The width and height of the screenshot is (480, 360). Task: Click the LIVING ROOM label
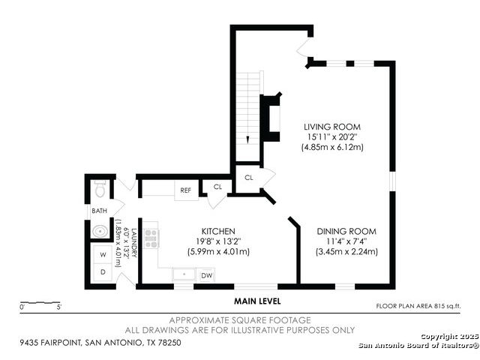(x=332, y=127)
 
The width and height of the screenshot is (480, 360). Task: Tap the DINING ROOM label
(x=346, y=232)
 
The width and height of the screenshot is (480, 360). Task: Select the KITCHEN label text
(x=218, y=232)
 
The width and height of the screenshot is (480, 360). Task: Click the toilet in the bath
(x=100, y=188)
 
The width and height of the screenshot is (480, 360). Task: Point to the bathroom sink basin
(x=100, y=231)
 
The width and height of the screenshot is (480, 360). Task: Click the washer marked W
(x=103, y=254)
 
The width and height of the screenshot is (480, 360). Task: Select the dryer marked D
(x=103, y=271)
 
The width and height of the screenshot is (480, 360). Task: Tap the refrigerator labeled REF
(x=186, y=190)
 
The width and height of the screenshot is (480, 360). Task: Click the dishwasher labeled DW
(x=207, y=275)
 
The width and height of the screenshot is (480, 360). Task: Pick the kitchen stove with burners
(x=151, y=238)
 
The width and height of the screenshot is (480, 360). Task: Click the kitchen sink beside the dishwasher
(x=184, y=274)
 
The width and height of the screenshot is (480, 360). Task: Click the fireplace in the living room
(x=270, y=117)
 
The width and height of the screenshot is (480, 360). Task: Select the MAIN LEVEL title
(x=257, y=301)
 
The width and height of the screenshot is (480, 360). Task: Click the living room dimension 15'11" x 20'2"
(x=332, y=136)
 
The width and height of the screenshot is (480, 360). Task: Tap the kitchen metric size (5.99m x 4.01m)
(x=218, y=252)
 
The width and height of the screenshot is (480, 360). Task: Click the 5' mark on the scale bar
(x=58, y=307)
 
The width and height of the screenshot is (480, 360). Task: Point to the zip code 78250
(x=169, y=342)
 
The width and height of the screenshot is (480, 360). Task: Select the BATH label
(x=100, y=211)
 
